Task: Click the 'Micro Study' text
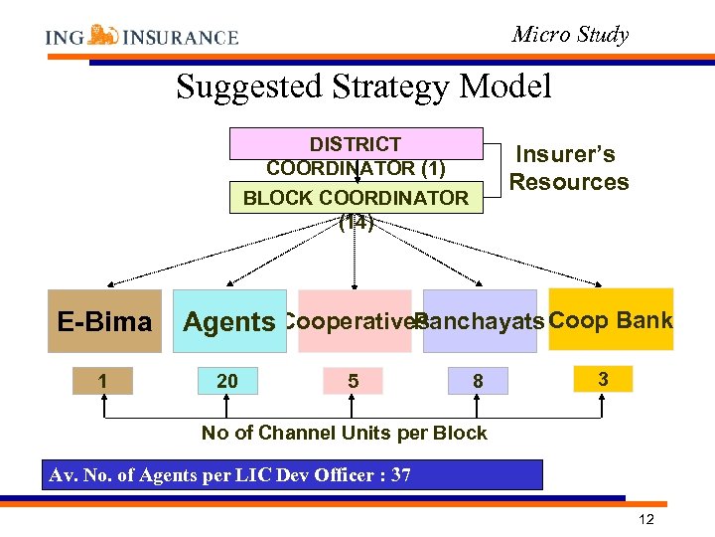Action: point(570,35)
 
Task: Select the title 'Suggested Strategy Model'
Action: point(363,88)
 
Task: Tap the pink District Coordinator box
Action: point(356,144)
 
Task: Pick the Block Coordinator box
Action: point(356,197)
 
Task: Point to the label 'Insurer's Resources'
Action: point(569,168)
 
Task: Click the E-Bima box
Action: point(104,321)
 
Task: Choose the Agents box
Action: point(228,321)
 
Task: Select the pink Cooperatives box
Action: point(355,321)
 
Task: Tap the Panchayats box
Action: point(480,321)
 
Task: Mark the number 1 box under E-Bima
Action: point(103,381)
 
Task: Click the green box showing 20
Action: point(227,381)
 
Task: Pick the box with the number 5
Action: point(354,381)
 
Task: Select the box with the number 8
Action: point(478,381)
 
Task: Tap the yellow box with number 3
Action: point(603,379)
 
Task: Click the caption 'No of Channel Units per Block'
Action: point(344,433)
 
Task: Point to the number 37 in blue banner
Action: point(401,474)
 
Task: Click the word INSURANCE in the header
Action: point(181,38)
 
